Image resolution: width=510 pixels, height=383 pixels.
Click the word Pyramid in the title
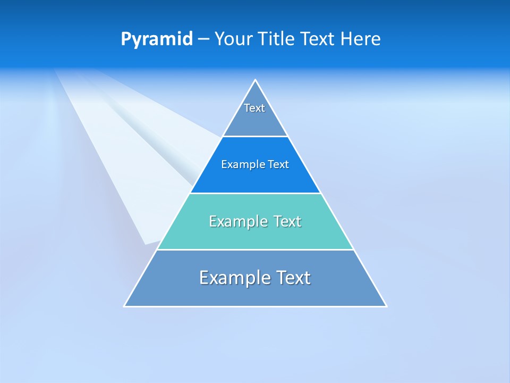[x=157, y=39]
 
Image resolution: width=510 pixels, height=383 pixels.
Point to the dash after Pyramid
[x=203, y=39]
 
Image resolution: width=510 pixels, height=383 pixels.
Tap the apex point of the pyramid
[x=255, y=80]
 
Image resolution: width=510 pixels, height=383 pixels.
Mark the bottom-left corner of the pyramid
[x=124, y=306]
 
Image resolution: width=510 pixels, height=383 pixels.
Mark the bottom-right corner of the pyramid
[x=386, y=306]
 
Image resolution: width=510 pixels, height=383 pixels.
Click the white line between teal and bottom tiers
[x=255, y=249]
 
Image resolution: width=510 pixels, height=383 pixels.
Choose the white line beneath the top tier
[x=255, y=137]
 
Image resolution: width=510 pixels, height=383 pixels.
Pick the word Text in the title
[x=318, y=39]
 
